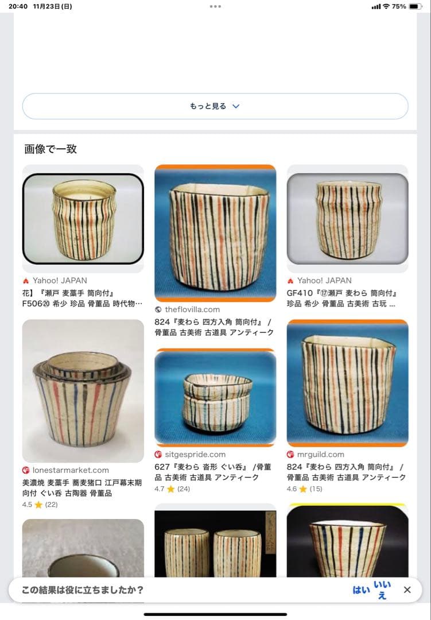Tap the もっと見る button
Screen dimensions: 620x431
215,106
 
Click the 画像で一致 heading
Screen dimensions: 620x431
51,149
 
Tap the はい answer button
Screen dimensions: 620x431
361,590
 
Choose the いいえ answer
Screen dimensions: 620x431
382,590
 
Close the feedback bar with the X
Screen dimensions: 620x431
407,590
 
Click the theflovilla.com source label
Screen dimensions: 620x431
192,309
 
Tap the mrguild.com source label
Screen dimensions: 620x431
320,455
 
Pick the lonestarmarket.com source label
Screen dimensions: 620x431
70,470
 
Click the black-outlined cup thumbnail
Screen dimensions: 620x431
83,218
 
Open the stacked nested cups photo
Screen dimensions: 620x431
83,390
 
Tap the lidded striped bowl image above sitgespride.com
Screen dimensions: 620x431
215,397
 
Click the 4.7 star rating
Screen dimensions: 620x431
172,489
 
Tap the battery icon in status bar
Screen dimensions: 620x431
415,6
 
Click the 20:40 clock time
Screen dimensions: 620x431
17,6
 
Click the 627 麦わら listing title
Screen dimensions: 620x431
213,472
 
